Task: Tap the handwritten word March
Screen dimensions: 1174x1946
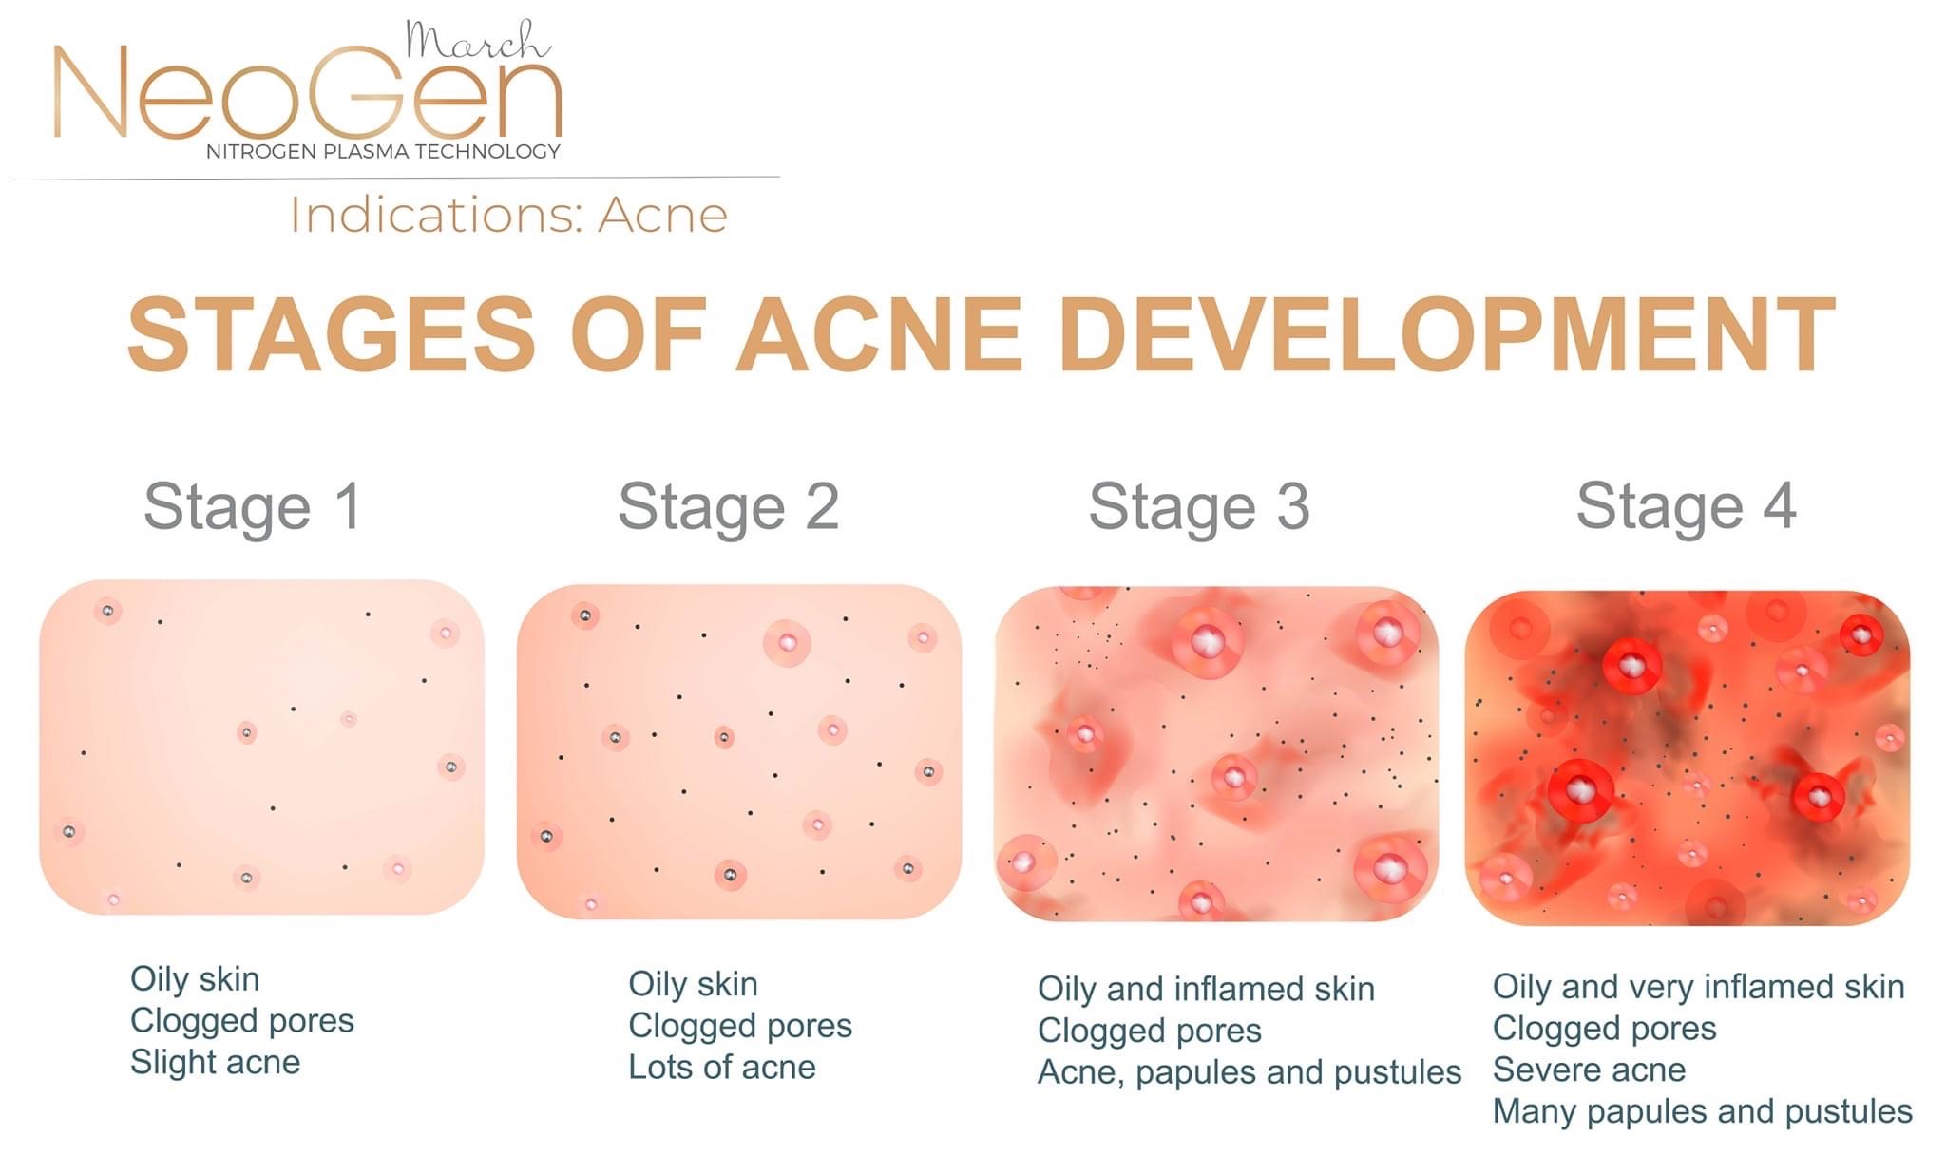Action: [x=477, y=42]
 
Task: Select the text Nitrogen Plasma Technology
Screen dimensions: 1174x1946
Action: [x=383, y=152]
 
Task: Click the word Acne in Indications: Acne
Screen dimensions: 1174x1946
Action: [x=662, y=215]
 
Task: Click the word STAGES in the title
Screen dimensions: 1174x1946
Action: [x=332, y=334]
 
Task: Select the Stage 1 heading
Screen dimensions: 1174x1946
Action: [x=253, y=506]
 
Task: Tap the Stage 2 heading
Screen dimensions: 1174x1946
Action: [x=729, y=506]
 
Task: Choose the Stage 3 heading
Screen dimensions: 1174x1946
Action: [x=1199, y=506]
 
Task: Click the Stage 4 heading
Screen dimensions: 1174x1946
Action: [x=1686, y=506]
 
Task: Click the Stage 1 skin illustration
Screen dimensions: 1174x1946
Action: [x=261, y=748]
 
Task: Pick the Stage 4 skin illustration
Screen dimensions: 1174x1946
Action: [x=1687, y=757]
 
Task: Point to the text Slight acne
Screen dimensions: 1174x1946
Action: [x=215, y=1062]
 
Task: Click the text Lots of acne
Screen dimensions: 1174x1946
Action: [x=721, y=1068]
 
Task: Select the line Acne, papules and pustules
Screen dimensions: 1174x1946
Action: [x=1249, y=1072]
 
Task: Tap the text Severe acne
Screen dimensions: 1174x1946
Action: [x=1589, y=1070]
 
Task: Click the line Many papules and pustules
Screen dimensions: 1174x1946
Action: [x=1702, y=1111]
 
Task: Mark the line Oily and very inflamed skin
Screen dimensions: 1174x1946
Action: [x=1698, y=987]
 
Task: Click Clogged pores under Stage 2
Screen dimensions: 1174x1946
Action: [x=739, y=1026]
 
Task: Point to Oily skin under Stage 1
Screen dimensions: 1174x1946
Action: [x=195, y=979]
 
